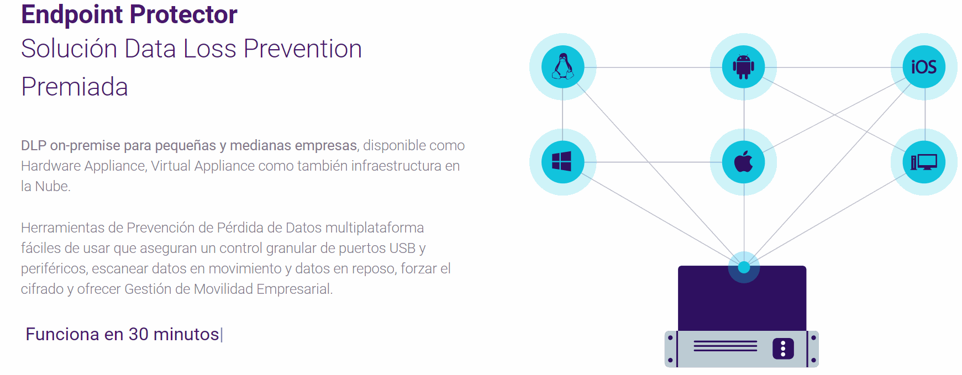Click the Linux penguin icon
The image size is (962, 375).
[x=563, y=67]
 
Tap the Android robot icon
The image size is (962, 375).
[x=743, y=67]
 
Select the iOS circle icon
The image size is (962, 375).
[x=924, y=67]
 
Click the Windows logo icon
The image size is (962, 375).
[x=563, y=162]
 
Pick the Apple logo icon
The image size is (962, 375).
[x=743, y=162]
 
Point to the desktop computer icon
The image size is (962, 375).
[x=924, y=162]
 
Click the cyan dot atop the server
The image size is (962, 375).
[x=744, y=267]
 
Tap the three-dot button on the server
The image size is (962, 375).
[x=783, y=348]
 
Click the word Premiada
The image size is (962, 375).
[x=75, y=87]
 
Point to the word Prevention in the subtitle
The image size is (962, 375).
[x=303, y=49]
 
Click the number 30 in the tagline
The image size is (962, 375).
[x=138, y=334]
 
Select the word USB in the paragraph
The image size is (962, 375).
[x=402, y=248]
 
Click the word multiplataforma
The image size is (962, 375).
[x=375, y=228]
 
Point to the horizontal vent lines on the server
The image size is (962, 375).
[x=725, y=346]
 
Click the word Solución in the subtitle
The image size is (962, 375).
[x=69, y=49]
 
